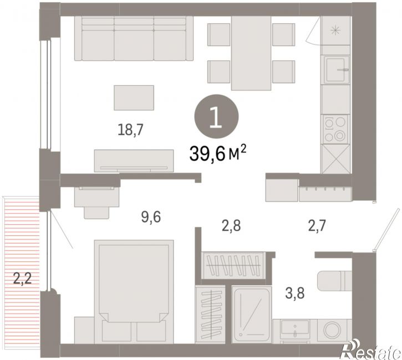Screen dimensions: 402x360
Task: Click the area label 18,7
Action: click(x=130, y=130)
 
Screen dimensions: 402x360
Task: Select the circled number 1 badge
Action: click(x=217, y=116)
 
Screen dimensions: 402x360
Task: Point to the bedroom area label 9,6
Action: click(x=151, y=217)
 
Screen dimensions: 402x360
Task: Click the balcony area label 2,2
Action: click(x=23, y=279)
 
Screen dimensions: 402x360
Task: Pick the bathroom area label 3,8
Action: click(x=295, y=293)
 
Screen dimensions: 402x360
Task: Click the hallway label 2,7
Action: click(x=317, y=226)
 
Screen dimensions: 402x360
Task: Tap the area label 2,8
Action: click(x=231, y=226)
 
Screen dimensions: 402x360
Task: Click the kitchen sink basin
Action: click(x=337, y=70)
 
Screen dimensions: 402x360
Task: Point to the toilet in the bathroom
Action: click(x=334, y=281)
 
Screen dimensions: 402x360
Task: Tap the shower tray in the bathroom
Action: click(x=252, y=315)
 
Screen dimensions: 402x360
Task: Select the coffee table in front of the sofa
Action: click(x=134, y=98)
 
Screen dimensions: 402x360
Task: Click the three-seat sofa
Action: click(x=134, y=38)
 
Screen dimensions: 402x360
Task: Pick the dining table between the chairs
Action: click(x=251, y=53)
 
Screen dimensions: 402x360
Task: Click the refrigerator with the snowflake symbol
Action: click(x=335, y=30)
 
